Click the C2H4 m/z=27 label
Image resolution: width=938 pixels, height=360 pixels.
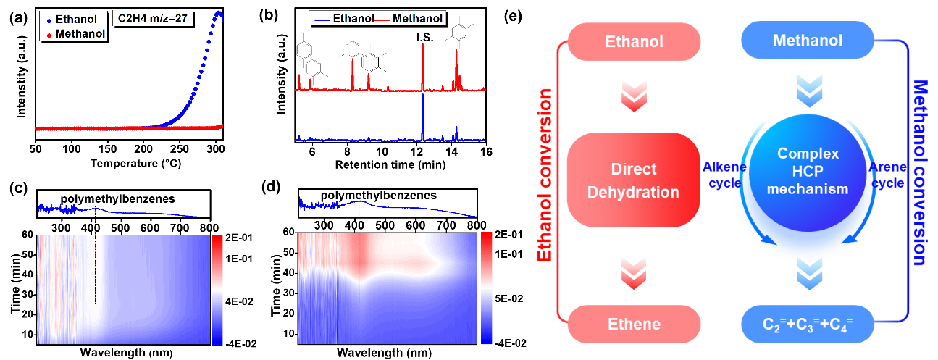click(154, 20)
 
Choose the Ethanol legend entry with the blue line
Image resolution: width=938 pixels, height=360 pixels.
click(345, 18)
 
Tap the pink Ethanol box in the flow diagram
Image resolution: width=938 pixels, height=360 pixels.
click(634, 41)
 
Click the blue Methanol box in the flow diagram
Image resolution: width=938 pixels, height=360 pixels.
click(808, 41)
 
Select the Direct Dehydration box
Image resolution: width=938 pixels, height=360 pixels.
click(634, 180)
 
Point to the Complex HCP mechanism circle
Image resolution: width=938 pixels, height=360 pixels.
click(808, 172)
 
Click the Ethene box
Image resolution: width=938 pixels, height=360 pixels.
click(634, 324)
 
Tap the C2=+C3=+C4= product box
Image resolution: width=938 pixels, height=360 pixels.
click(808, 324)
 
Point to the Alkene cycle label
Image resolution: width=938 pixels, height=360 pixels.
click(721, 175)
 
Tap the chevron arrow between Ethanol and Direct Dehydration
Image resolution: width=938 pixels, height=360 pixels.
click(634, 95)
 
